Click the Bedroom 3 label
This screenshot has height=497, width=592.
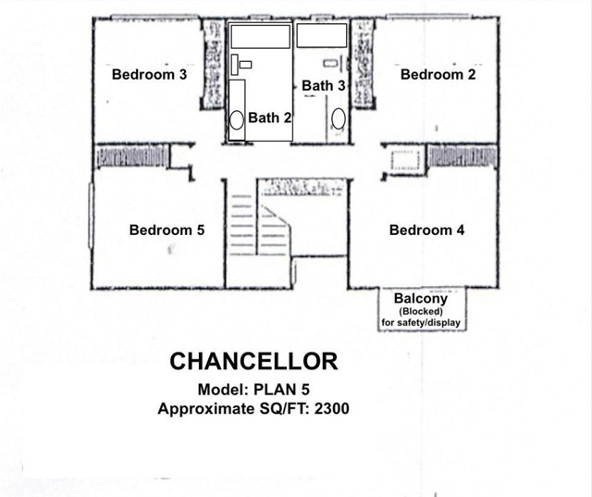tap(149, 75)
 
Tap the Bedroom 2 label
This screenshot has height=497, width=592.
tap(438, 75)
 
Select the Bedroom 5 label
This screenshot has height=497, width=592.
tap(166, 230)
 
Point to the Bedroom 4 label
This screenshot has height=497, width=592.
tap(426, 230)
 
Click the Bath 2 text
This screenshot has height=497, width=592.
tap(269, 118)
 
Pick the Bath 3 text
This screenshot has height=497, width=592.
tap(324, 85)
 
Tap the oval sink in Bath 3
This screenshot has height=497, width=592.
tap(339, 118)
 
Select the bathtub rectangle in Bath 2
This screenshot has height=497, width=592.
tap(260, 36)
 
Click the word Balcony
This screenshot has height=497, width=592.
tap(421, 299)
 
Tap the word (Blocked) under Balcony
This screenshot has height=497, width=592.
tap(421, 312)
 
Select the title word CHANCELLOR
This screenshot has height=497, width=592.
tap(253, 359)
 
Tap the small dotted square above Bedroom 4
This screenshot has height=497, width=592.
tap(406, 159)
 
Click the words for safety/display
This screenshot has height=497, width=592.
tap(421, 323)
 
